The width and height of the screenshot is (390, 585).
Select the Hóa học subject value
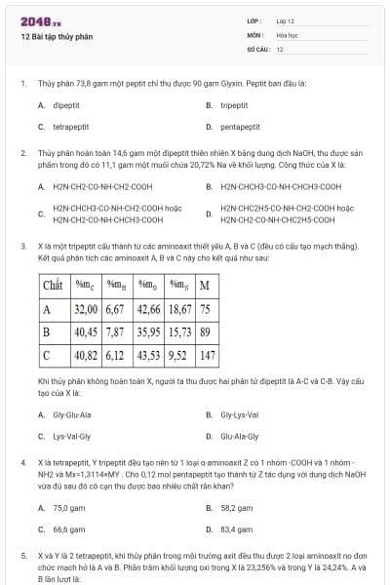coord(288,34)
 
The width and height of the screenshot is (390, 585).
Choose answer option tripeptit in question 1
coord(234,105)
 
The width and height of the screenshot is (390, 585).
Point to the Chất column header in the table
coord(53,285)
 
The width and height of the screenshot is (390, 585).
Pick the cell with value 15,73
coord(180,332)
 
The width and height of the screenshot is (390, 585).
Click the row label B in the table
coord(47,332)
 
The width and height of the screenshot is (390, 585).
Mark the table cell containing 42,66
coord(148,309)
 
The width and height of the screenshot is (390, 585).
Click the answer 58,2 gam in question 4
coord(237,508)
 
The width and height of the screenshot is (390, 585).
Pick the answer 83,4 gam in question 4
coord(237,529)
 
